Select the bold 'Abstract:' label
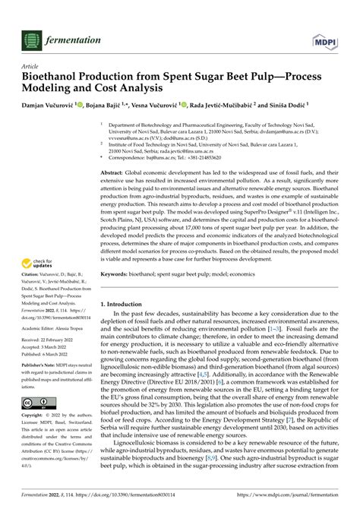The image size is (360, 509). click(116, 174)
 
